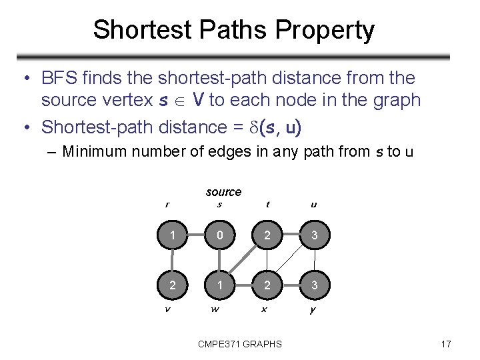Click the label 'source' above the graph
coord(223,192)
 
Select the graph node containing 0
coord(219,235)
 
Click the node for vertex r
coord(172,235)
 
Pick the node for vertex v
coord(172,285)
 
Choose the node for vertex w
coord(219,285)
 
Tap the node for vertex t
coord(267,235)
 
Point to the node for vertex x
coord(267,285)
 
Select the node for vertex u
coord(314,235)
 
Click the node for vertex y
coord(314,285)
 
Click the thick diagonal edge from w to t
coord(243,261)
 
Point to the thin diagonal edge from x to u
coord(290,261)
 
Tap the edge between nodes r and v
coord(172,260)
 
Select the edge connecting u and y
coord(314,260)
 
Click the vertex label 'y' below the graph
coord(314,309)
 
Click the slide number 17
coord(446,344)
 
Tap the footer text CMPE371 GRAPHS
coord(240,344)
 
